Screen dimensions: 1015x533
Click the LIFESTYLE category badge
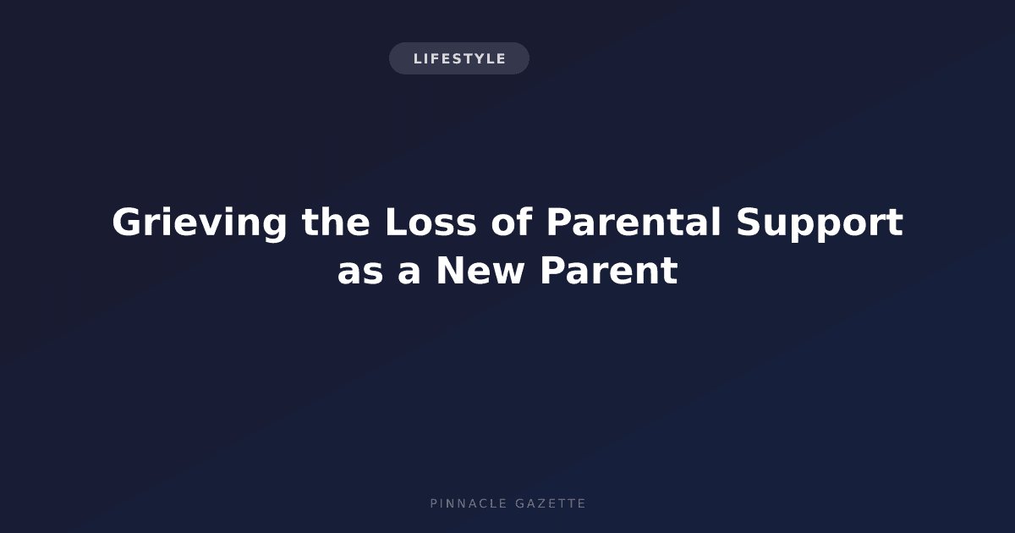(459, 58)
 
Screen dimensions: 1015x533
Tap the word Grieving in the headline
(200, 223)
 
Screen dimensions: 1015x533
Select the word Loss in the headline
(431, 222)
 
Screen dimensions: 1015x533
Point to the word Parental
(634, 222)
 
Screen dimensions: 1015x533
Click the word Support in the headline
(820, 224)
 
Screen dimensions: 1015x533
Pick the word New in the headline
(480, 271)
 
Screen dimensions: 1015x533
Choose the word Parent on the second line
(609, 271)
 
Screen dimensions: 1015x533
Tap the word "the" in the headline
(336, 222)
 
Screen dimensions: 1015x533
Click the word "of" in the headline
(511, 222)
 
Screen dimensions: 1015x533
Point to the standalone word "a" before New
(409, 274)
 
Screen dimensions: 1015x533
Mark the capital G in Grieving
(128, 223)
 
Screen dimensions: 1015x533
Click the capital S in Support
(749, 223)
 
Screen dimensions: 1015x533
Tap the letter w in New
(508, 274)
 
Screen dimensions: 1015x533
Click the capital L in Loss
(395, 223)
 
